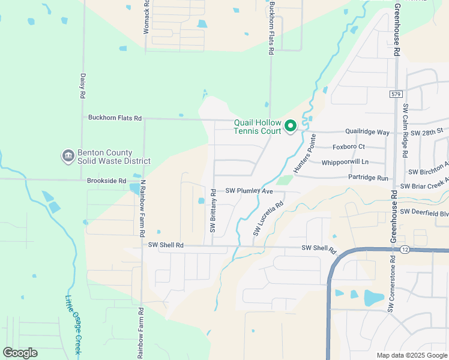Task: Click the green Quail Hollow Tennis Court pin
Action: pos(291,126)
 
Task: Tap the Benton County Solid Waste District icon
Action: pos(67,156)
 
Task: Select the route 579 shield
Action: pos(395,94)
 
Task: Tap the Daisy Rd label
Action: pos(83,86)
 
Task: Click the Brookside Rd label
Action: pos(105,181)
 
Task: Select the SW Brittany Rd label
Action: pos(213,210)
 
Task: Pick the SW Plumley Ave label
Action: pos(249,191)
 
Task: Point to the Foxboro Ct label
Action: pos(348,146)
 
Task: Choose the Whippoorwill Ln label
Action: pos(345,162)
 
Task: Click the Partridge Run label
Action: pos(368,178)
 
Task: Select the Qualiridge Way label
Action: pos(367,131)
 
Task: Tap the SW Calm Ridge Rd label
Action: pos(405,130)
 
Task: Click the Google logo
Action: pos(20,352)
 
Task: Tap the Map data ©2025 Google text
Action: pos(411,355)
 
